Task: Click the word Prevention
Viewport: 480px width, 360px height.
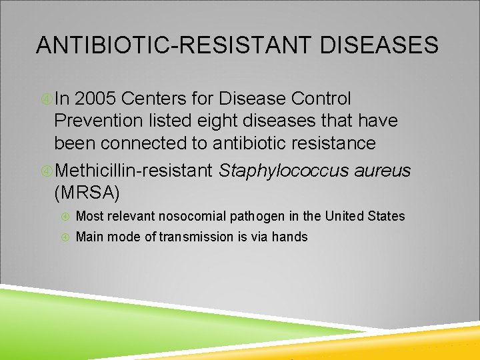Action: [99, 121]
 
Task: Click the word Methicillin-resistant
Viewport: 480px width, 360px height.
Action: [134, 171]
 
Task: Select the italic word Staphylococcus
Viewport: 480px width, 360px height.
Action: [284, 171]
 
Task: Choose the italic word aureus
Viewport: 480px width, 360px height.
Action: [383, 171]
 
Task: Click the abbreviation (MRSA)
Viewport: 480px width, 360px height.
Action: [87, 193]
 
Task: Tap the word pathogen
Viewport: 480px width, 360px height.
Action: [256, 216]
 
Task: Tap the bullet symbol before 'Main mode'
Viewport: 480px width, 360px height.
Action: [65, 237]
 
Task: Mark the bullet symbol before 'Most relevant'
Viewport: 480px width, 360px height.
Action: [65, 216]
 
